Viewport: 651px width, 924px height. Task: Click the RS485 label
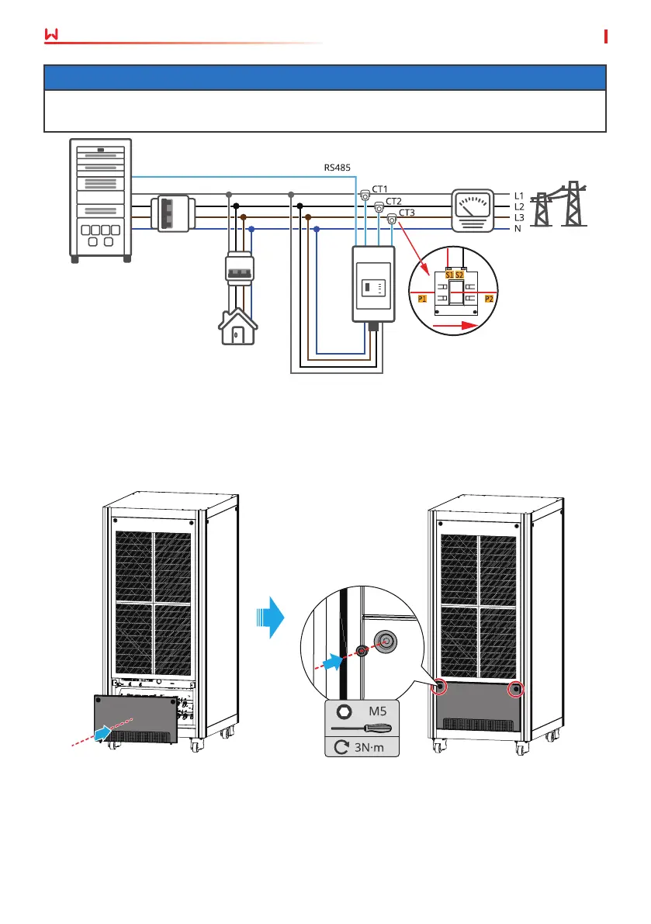[x=337, y=168]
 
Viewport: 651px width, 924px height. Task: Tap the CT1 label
[x=380, y=189]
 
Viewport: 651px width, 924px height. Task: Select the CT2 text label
[x=393, y=202]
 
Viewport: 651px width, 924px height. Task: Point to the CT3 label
[x=407, y=213]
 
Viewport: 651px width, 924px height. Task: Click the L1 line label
[x=519, y=196]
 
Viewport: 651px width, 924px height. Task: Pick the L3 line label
[x=519, y=218]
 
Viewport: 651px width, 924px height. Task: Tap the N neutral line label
[x=518, y=229]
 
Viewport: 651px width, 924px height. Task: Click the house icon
[x=238, y=327]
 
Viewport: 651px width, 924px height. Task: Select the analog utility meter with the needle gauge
[x=473, y=210]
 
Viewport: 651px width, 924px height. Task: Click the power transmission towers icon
[x=559, y=204]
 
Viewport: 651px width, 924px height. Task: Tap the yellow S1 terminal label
[x=449, y=275]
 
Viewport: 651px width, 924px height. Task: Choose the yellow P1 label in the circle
[x=422, y=299]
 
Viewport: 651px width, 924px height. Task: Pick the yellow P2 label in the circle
[x=489, y=299]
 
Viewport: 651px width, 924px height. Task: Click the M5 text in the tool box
[x=378, y=711]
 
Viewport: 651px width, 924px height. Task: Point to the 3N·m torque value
[x=369, y=747]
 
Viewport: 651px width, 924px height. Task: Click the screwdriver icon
[x=361, y=729]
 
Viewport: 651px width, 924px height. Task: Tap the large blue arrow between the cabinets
[x=271, y=618]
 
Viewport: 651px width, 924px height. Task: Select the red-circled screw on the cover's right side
[x=516, y=688]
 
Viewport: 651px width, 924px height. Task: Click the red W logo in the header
[x=52, y=35]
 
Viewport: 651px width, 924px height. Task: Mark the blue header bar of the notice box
[x=325, y=78]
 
